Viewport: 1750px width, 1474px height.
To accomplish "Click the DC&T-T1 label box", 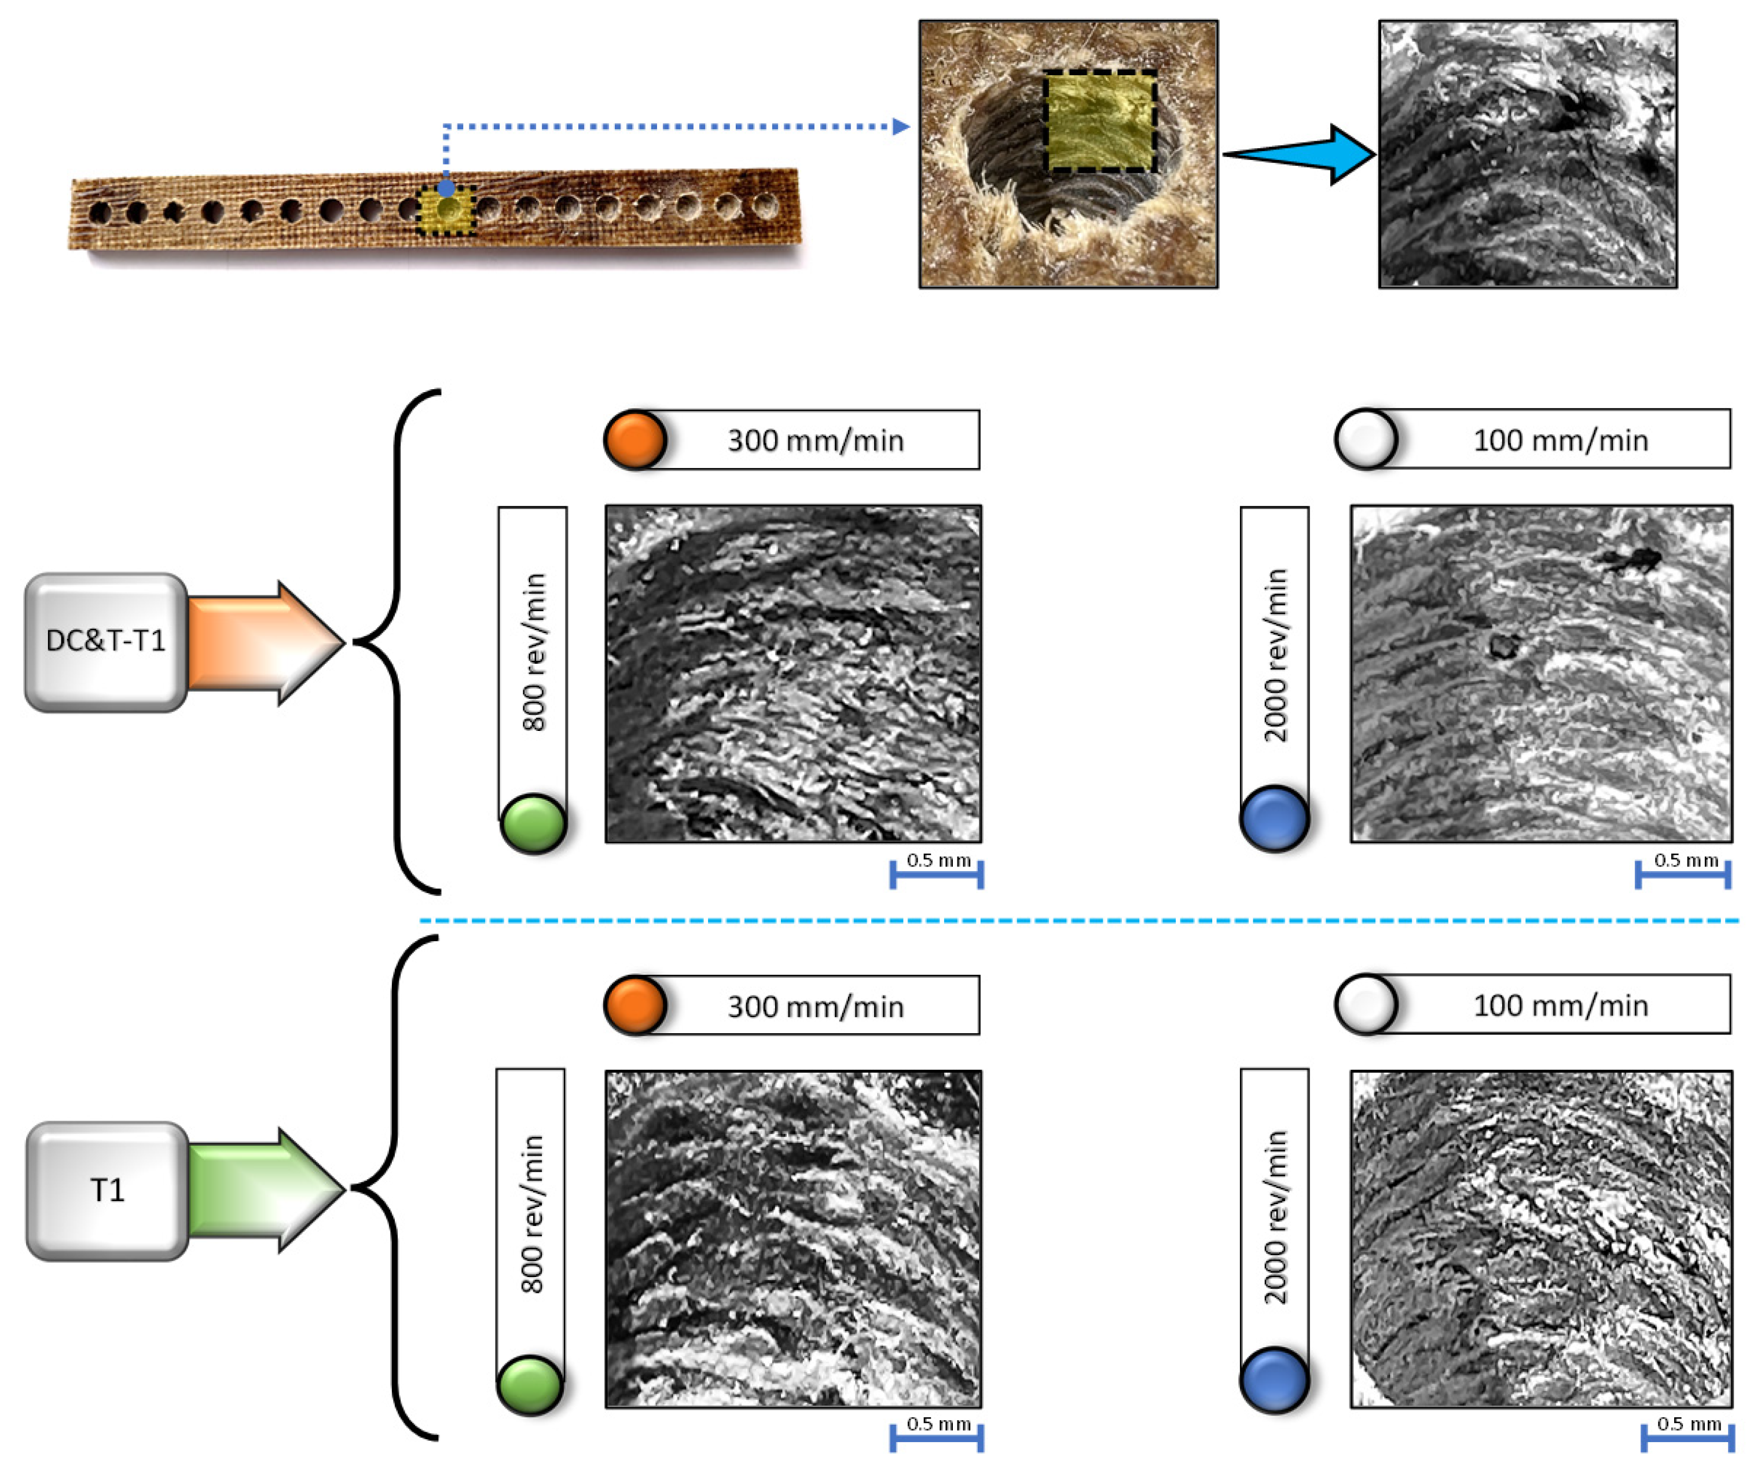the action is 106,642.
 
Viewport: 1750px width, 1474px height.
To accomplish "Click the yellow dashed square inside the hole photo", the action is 1101,121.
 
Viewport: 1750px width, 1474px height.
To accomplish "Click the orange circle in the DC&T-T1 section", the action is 635,440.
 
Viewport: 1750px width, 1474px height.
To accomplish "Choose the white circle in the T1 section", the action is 1366,1004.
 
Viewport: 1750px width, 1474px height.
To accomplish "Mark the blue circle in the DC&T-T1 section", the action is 1275,820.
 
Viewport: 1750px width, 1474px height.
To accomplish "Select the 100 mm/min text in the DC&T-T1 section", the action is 1560,440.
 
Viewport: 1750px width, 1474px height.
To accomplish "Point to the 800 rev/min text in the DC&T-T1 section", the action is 534,652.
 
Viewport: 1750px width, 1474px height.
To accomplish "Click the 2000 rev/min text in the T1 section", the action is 1275,1219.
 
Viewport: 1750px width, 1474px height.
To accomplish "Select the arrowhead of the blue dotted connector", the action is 901,127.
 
